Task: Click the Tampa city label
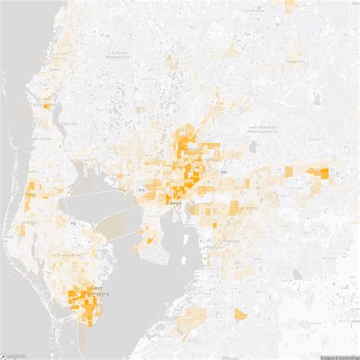click(174, 204)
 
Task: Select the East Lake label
click(69, 123)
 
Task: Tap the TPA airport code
click(141, 189)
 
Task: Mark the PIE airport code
click(73, 224)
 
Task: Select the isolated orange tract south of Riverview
click(240, 314)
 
